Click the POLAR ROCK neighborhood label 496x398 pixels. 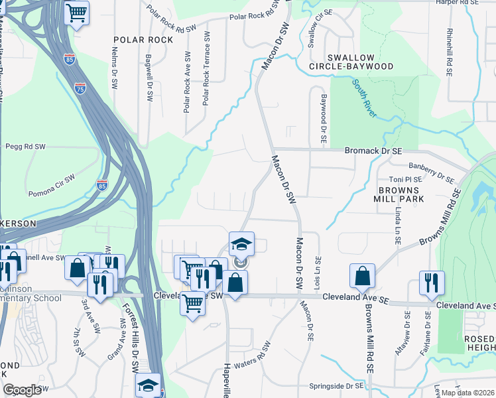[x=143, y=40]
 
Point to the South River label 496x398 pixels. [x=365, y=99]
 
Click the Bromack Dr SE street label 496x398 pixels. [x=373, y=151]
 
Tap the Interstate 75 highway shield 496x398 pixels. [x=80, y=88]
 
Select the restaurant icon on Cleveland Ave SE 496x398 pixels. [x=432, y=282]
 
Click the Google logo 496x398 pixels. [x=23, y=390]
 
